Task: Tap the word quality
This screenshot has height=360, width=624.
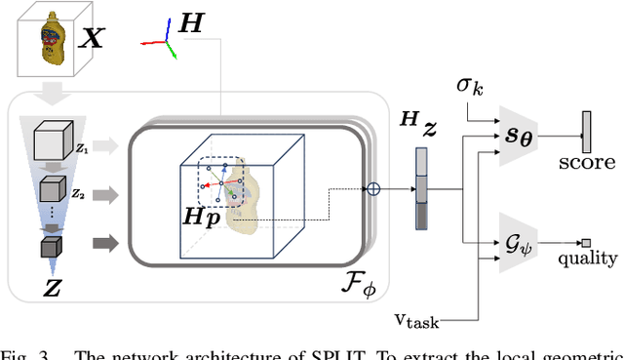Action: click(587, 259)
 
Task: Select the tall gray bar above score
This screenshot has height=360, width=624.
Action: click(587, 130)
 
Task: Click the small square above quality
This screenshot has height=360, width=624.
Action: click(588, 243)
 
